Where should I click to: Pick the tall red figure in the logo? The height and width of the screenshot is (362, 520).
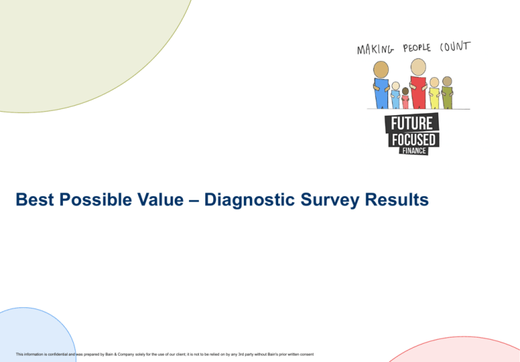[418, 85]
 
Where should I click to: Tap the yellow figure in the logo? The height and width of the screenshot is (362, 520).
[434, 93]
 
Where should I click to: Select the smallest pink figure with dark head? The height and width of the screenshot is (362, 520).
[405, 99]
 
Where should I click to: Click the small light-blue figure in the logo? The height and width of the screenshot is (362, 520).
[395, 95]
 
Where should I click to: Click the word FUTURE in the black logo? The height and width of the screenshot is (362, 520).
[412, 124]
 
